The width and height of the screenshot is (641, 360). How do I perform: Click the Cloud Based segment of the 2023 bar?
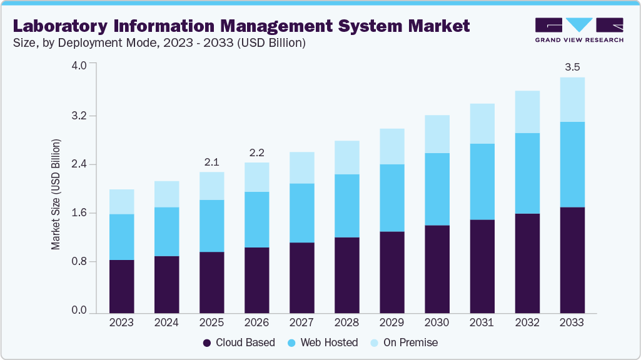coord(121,286)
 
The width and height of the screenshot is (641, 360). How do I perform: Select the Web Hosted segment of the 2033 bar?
coord(572,164)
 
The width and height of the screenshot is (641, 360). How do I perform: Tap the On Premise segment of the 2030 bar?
coord(437,134)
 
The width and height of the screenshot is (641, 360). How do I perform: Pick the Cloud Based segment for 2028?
coord(346,275)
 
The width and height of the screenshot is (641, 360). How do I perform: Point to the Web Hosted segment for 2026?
coord(256,219)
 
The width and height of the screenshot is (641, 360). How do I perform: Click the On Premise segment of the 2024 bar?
coord(166,194)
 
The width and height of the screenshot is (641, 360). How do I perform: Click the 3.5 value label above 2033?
coord(572,67)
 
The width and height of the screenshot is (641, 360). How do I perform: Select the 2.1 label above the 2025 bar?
coord(211,162)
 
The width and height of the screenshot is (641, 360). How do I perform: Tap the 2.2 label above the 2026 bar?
coord(256,152)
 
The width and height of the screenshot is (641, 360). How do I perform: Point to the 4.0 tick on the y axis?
coord(79,64)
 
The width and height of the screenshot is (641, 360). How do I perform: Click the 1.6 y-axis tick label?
coord(79,213)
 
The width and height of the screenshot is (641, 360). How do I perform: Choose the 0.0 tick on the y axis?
coord(79,311)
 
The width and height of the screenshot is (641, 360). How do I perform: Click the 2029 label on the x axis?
coord(391,323)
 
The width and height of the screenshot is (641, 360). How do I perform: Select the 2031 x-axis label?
coord(482,323)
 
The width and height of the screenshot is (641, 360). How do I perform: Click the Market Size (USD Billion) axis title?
coord(56,195)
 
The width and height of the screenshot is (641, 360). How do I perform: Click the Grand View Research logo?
coord(579,30)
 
